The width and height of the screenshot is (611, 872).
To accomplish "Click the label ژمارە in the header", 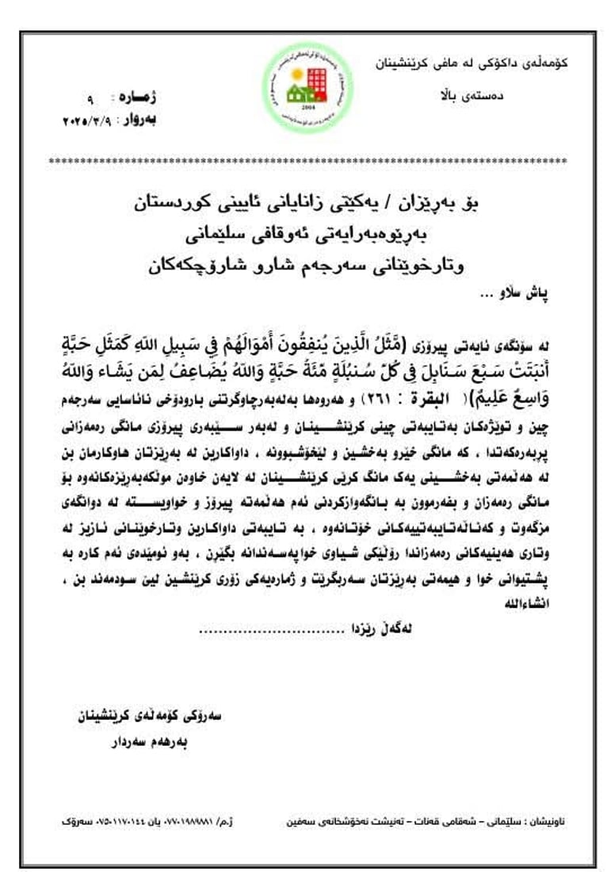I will [137, 99].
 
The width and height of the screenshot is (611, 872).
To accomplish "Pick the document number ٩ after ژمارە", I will [90, 101].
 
